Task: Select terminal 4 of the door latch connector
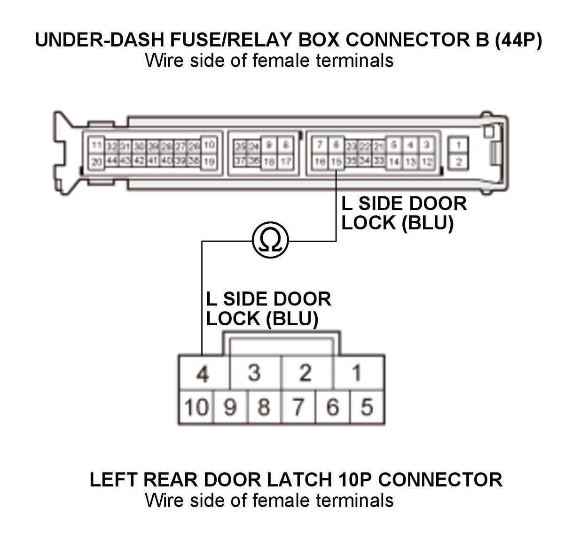(203, 373)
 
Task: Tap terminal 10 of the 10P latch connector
(196, 407)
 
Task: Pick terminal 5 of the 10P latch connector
(367, 407)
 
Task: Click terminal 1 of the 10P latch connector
(357, 373)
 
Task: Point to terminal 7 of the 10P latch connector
(298, 407)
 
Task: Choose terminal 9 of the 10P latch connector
(230, 407)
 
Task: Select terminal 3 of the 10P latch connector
(254, 373)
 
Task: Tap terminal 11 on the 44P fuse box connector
(97, 145)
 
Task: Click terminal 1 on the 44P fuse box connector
(458, 145)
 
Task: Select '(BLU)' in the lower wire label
(292, 319)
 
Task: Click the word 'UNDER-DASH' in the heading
(100, 40)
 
